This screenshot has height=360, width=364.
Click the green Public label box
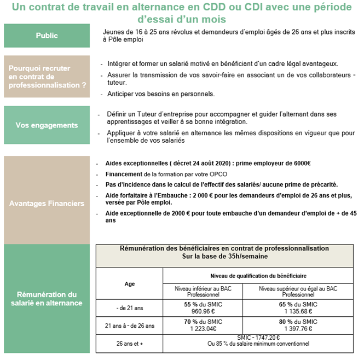tap(47, 36)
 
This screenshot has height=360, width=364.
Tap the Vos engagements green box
tap(47, 125)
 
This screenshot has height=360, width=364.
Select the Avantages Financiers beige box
tap(47, 203)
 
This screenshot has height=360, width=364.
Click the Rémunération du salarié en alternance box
tap(47, 299)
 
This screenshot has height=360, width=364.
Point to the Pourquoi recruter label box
tap(47, 77)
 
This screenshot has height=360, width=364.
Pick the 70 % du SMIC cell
tap(203, 326)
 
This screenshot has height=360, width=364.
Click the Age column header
tap(130, 284)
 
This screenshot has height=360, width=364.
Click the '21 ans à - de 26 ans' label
tap(130, 326)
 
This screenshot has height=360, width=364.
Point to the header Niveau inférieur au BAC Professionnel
tap(203, 291)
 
